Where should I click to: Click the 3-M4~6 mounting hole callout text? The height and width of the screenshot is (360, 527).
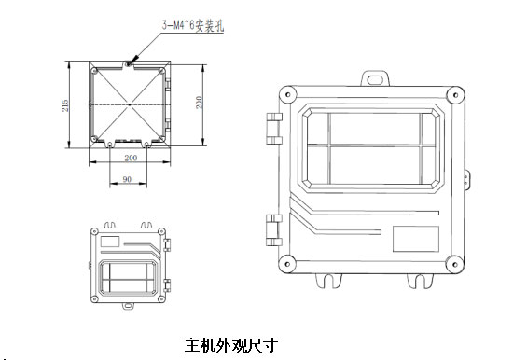(x=193, y=26)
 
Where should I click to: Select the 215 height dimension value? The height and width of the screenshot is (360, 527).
(x=65, y=105)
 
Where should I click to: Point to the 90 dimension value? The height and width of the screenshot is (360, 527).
(x=127, y=179)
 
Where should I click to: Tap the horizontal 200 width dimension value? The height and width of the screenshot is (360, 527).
(x=131, y=158)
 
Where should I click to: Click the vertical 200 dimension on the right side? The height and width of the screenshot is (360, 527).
(x=199, y=103)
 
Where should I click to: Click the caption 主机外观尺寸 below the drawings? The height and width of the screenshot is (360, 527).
(x=231, y=345)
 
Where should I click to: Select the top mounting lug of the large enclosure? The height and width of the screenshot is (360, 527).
(x=375, y=78)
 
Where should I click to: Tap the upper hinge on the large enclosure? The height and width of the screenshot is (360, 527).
(x=274, y=129)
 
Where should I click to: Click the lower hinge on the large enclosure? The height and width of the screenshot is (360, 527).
(x=274, y=230)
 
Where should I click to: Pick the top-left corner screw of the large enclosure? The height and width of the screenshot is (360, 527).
(x=287, y=94)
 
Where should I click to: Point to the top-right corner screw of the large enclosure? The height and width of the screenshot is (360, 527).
(x=455, y=95)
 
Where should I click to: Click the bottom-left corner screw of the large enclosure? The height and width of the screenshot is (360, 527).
(x=287, y=264)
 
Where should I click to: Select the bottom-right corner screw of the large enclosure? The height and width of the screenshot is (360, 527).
(x=455, y=264)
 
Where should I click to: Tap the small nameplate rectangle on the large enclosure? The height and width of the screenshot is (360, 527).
(x=416, y=239)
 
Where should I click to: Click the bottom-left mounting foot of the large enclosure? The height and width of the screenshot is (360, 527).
(x=328, y=281)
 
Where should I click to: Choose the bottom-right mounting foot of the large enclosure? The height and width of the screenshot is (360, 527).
(x=420, y=281)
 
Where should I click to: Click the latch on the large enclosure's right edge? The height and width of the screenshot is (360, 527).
(x=467, y=180)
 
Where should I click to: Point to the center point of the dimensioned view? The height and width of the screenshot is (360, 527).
(x=130, y=104)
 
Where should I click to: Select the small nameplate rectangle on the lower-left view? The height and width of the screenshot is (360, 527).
(x=110, y=242)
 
